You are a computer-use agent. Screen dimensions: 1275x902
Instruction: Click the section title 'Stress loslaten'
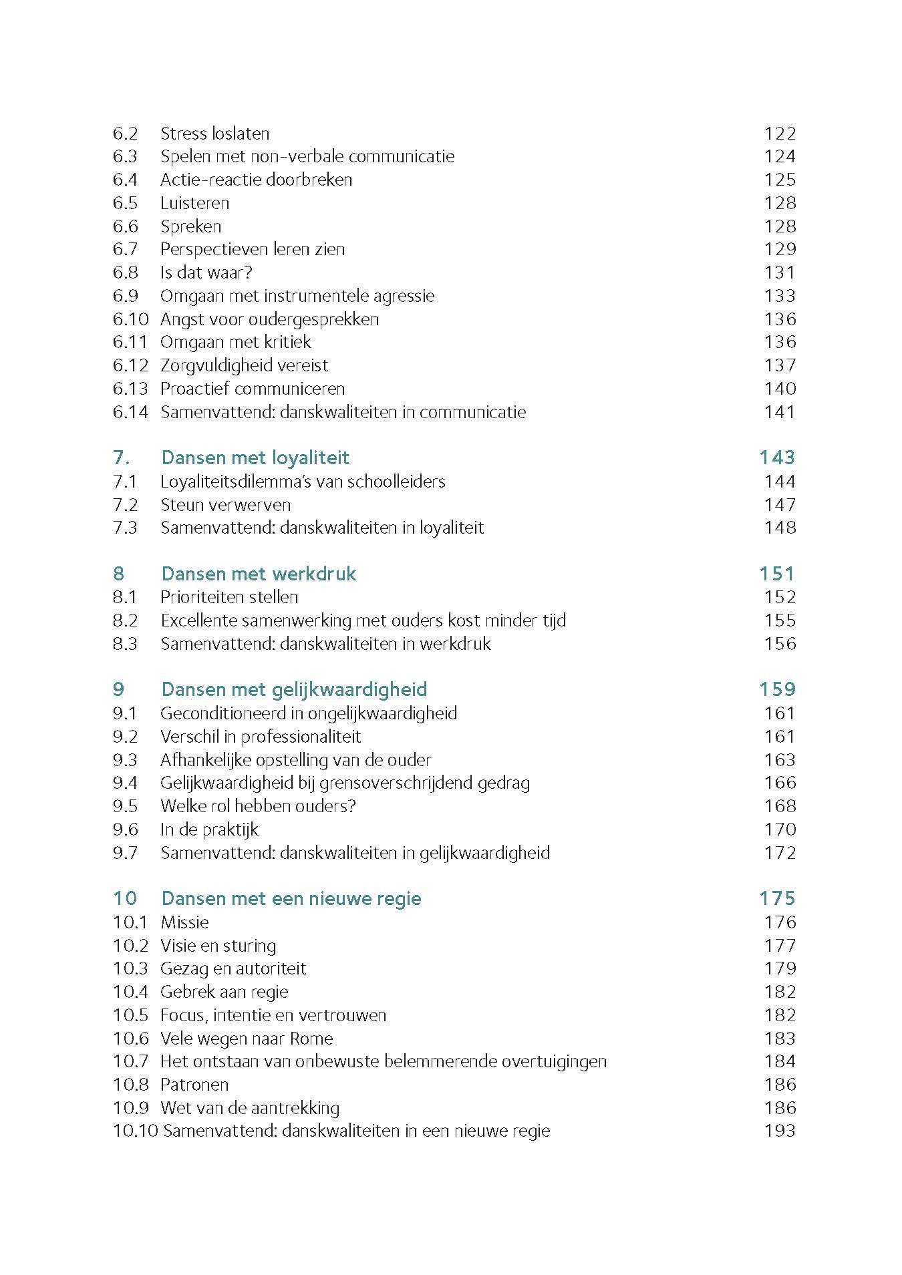point(214,134)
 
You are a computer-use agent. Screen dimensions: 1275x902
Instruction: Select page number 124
point(780,156)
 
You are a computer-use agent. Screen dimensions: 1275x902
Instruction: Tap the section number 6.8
point(125,272)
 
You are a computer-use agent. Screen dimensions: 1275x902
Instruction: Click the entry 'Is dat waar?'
point(206,272)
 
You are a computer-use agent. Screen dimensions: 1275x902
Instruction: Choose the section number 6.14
point(130,412)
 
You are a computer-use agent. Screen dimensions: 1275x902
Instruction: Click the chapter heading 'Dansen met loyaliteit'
point(255,458)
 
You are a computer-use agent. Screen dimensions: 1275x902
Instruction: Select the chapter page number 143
point(777,458)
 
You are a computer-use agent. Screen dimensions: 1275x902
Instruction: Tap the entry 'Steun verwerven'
point(225,505)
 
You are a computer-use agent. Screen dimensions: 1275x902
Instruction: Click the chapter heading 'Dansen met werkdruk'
point(259,574)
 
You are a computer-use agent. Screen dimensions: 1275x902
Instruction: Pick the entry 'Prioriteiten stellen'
point(229,597)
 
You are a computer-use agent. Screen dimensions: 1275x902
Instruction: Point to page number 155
point(780,620)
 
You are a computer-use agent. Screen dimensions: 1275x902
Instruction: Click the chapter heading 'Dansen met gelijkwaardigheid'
point(294,689)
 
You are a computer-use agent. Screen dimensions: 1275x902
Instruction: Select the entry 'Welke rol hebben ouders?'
point(258,806)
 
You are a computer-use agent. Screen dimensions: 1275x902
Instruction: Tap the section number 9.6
point(125,830)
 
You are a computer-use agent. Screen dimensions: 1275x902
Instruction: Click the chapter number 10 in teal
point(125,898)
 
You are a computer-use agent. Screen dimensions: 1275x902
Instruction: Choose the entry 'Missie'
point(184,922)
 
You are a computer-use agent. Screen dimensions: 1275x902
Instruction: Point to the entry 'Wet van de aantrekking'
point(250,1108)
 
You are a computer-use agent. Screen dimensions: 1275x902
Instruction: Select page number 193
point(780,1131)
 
